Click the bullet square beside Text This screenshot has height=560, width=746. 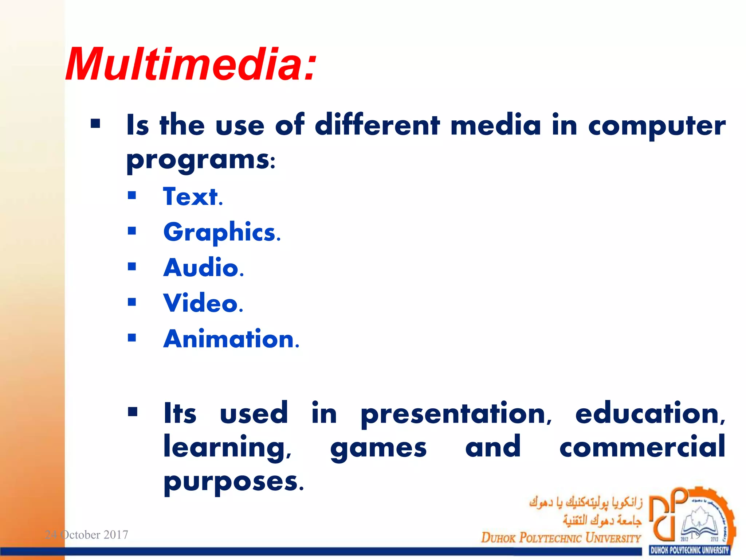pos(132,196)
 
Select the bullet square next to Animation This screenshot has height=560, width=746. pos(132,338)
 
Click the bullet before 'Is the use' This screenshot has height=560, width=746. pos(95,124)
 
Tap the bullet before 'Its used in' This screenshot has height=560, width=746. pos(133,412)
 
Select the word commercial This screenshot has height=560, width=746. pos(642,447)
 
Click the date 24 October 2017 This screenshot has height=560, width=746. pos(86,535)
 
